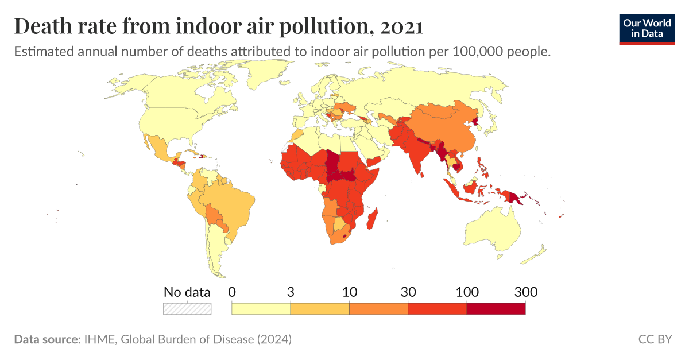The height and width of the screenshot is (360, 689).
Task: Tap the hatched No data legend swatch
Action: click(187, 308)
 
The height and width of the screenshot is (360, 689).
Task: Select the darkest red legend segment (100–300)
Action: click(496, 308)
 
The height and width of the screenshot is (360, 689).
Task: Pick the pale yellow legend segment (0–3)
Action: click(261, 308)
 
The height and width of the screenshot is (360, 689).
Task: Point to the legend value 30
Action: click(408, 292)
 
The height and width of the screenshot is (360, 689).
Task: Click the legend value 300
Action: click(525, 292)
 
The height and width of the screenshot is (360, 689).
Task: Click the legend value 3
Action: click(291, 292)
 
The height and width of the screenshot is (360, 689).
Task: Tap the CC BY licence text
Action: click(655, 339)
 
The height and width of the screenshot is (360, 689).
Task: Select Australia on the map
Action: click(494, 230)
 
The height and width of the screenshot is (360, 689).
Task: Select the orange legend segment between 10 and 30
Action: click(378, 308)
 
